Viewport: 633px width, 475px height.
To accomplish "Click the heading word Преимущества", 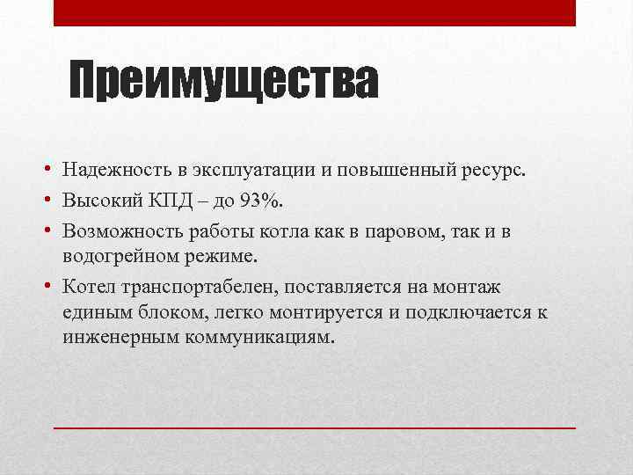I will pyautogui.click(x=224, y=82).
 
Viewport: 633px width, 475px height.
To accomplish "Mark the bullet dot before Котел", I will pyautogui.click(x=53, y=288).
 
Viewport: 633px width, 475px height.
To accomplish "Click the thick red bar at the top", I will pyautogui.click(x=315, y=12).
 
